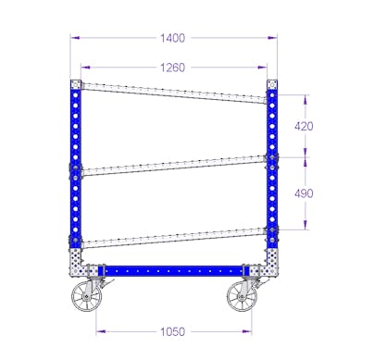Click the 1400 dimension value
point(172,38)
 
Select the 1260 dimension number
point(172,68)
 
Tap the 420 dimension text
point(304,126)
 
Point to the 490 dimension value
point(304,193)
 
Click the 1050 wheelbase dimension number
point(172,332)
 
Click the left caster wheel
point(87,296)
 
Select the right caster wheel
point(243,296)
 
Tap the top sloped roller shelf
point(174,93)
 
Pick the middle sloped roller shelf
point(174,166)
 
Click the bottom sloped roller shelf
point(174,238)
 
